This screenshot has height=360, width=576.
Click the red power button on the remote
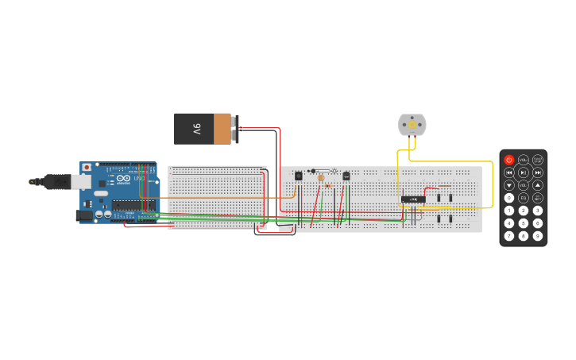point(509,160)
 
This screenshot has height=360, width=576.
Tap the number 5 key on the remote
point(524,223)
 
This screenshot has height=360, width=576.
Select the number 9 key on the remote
point(538,236)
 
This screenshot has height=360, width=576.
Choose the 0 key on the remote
point(509,198)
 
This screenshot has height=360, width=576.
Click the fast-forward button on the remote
point(538,172)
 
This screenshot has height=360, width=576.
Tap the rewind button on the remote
point(509,172)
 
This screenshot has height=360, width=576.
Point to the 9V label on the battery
point(196,129)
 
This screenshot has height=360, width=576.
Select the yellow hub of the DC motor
point(412,123)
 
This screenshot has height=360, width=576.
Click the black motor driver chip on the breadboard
point(412,199)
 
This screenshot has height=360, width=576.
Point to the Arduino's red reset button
point(87,168)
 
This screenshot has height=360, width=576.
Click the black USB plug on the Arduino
point(56,182)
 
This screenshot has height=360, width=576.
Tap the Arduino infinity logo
point(123,178)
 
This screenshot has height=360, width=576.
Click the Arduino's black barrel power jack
point(83,215)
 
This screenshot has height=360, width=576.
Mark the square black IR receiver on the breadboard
point(299,176)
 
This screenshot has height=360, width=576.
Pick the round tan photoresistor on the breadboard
point(321,178)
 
